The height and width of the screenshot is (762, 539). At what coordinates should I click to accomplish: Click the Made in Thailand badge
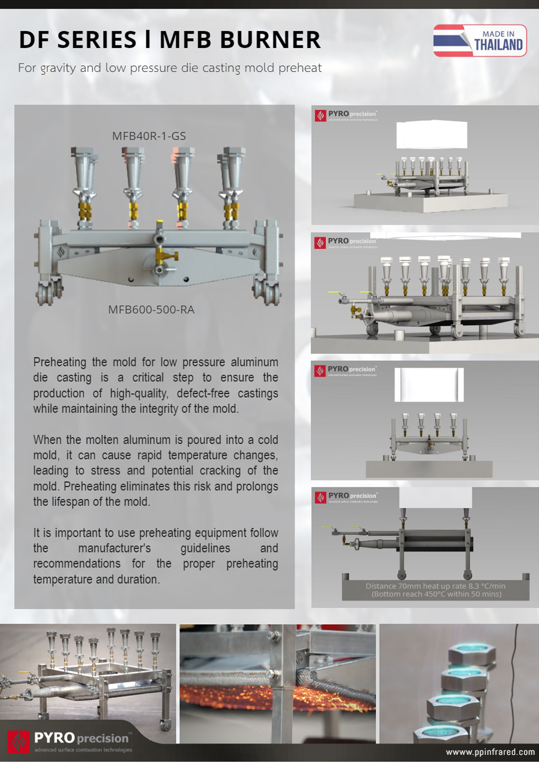480,40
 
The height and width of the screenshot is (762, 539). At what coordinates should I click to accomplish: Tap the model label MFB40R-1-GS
149,136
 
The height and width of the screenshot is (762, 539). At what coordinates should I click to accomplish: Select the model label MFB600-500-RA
151,310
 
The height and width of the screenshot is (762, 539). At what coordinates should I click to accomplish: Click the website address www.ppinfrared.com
490,752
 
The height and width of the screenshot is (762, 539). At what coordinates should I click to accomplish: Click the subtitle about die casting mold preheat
170,68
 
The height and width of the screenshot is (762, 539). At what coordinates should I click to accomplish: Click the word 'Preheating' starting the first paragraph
60,362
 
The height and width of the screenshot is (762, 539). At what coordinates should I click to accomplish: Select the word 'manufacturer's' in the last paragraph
114,548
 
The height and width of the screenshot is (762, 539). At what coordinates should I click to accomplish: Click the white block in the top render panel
431,135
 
